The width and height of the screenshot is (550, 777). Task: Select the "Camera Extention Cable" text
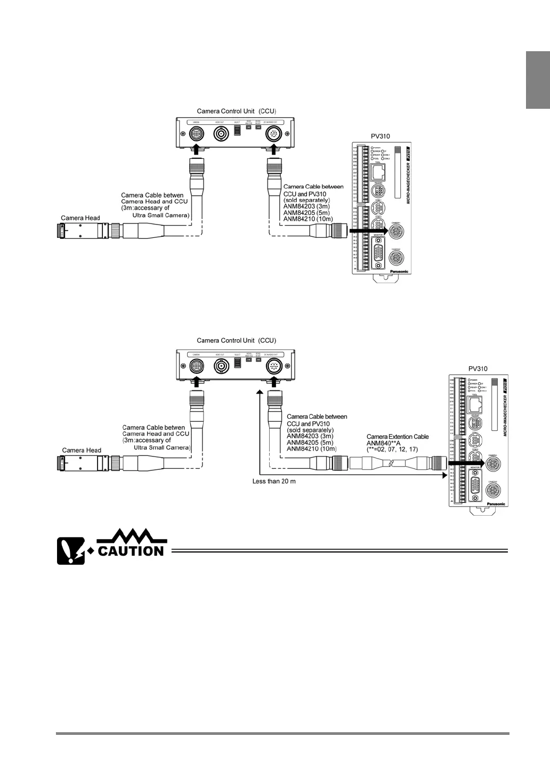coord(397,437)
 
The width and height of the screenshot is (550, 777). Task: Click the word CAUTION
coord(131,550)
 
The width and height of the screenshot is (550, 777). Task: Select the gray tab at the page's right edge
coord(538,80)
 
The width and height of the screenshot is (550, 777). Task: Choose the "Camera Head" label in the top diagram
coord(80,218)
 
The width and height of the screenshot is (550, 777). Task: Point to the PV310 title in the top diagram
coord(380,137)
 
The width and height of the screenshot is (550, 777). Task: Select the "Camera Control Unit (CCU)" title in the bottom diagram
coord(236,340)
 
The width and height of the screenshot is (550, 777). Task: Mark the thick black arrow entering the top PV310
coord(368,230)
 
